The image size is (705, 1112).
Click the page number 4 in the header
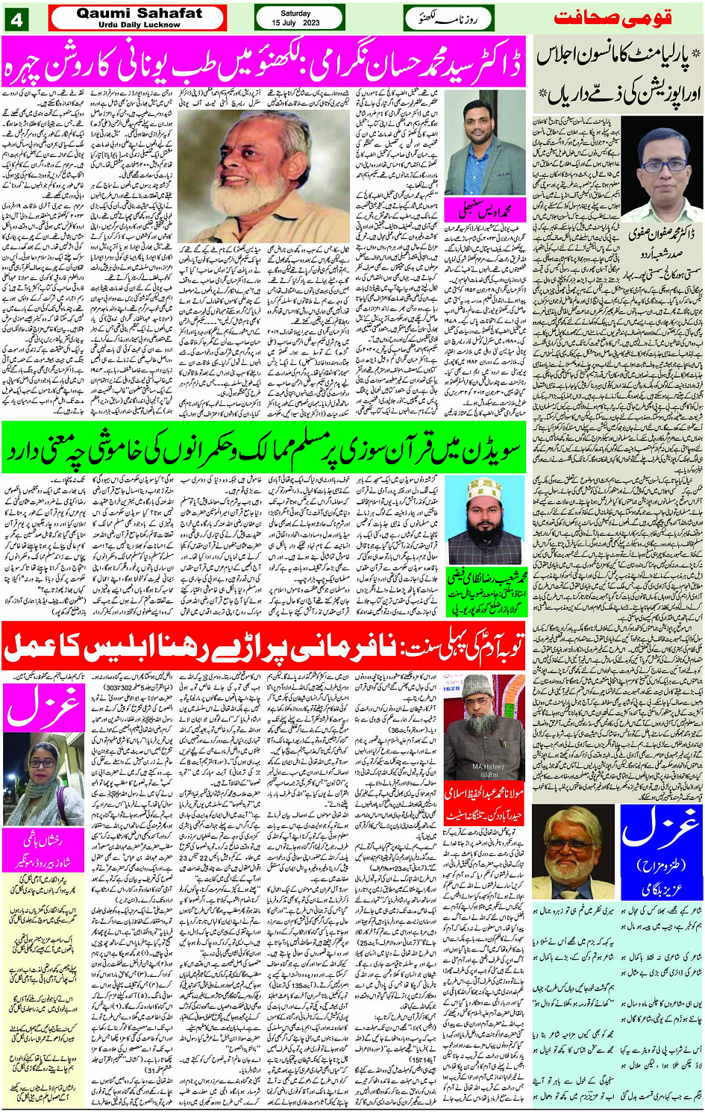(16, 19)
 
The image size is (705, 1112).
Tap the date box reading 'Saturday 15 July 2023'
(299, 19)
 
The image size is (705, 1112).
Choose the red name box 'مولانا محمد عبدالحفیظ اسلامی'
(485, 802)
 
